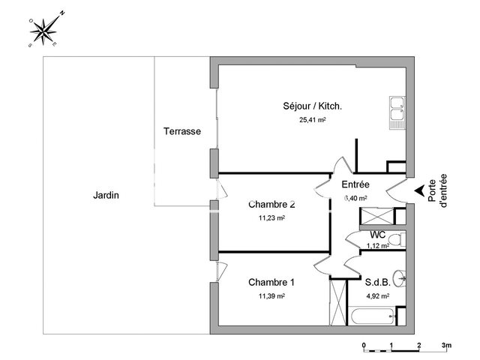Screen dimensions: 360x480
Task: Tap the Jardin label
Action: pos(106,195)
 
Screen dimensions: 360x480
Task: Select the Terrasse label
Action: pos(181,131)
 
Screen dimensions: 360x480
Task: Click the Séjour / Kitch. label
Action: pos(313,106)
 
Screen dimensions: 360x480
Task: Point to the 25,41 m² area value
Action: pos(312,119)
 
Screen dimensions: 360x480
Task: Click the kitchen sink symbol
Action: pos(397,112)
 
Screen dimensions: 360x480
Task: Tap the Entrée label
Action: pos(355,184)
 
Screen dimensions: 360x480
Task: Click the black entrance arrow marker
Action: pos(418,191)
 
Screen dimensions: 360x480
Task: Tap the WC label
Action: pos(377,235)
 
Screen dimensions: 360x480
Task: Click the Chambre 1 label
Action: pos(271,283)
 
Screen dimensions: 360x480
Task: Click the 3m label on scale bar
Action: pos(446,346)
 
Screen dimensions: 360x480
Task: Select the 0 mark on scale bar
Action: pos(364,346)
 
